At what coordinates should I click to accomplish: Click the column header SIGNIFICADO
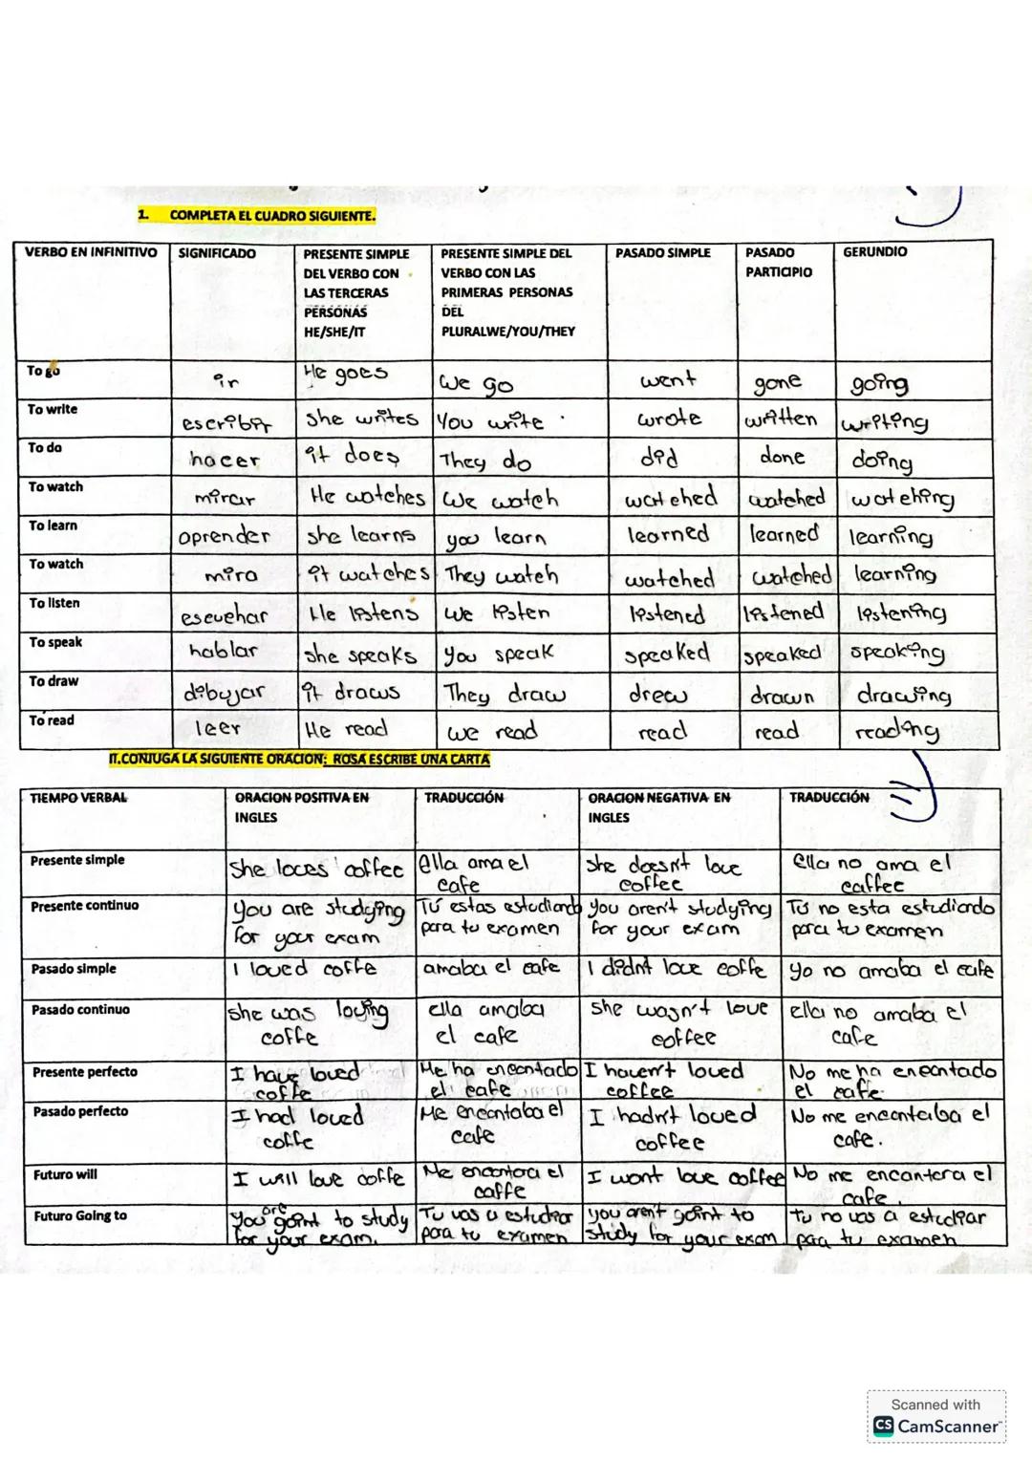click(217, 253)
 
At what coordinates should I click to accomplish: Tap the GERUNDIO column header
click(874, 252)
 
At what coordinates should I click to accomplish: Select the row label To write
click(53, 409)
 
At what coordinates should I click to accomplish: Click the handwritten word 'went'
click(668, 380)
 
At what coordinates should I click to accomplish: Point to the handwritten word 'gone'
click(777, 382)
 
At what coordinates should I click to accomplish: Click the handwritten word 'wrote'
click(669, 419)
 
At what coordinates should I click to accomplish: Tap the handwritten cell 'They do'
click(485, 462)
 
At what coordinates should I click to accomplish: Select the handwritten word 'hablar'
click(224, 651)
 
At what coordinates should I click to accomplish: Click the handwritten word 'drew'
click(657, 694)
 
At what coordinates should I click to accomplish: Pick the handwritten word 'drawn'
click(782, 697)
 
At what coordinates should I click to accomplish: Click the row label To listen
click(54, 603)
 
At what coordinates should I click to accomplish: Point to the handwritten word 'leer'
click(217, 728)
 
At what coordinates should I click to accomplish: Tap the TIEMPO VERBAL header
click(78, 798)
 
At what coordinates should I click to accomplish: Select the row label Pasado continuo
click(80, 1009)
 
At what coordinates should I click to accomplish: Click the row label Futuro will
click(65, 1174)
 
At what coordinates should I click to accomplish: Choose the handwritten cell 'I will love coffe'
click(318, 1178)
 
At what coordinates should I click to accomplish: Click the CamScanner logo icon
click(883, 1427)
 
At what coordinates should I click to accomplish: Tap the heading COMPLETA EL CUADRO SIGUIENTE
click(272, 215)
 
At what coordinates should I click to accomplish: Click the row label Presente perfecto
click(85, 1072)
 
